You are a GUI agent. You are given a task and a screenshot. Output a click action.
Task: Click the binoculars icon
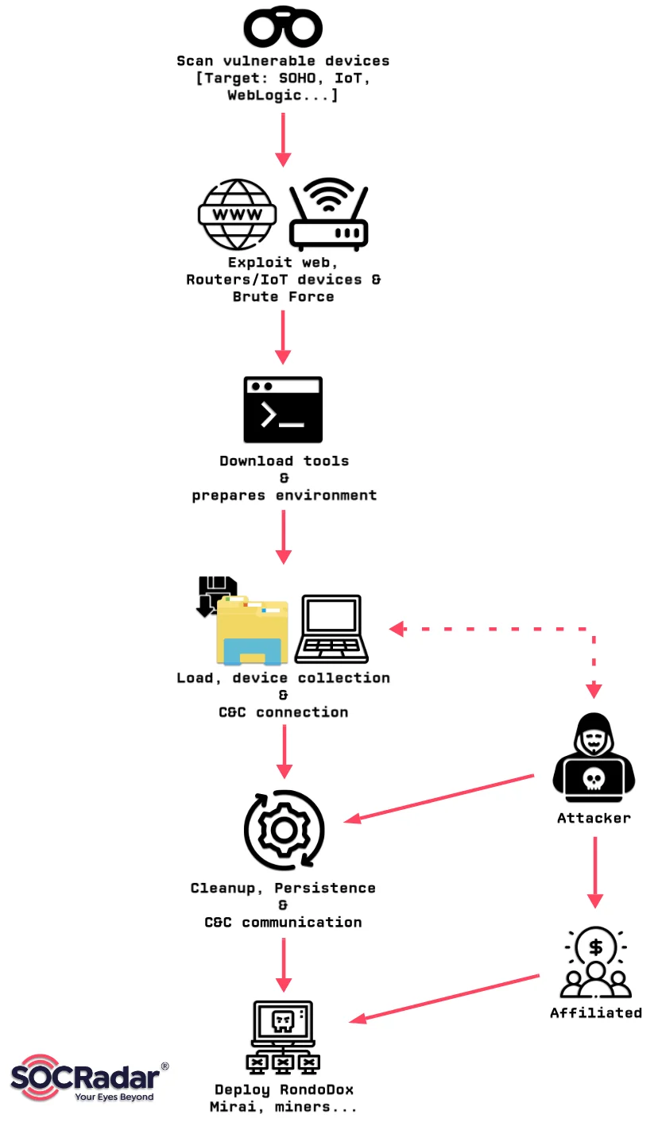[283, 28]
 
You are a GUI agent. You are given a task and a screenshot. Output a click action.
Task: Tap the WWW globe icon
[237, 214]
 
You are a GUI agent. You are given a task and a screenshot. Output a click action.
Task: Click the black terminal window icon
[283, 410]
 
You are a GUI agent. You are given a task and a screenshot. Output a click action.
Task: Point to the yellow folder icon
[251, 632]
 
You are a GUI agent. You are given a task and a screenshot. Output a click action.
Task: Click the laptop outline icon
[331, 629]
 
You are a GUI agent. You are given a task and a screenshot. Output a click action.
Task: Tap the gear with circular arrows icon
[284, 830]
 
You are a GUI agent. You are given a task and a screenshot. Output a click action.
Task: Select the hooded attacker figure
[594, 754]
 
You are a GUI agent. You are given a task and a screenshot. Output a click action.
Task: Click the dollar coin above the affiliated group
[595, 947]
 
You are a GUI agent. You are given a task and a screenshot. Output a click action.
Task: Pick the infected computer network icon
[283, 1037]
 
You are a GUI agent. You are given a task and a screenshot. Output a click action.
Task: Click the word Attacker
[594, 818]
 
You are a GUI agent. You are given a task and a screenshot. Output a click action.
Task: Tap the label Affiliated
[596, 1012]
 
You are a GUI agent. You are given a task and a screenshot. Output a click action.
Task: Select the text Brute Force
[283, 297]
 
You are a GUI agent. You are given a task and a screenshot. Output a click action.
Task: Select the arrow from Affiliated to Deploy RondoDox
[445, 997]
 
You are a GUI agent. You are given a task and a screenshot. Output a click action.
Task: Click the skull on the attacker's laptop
[594, 779]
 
